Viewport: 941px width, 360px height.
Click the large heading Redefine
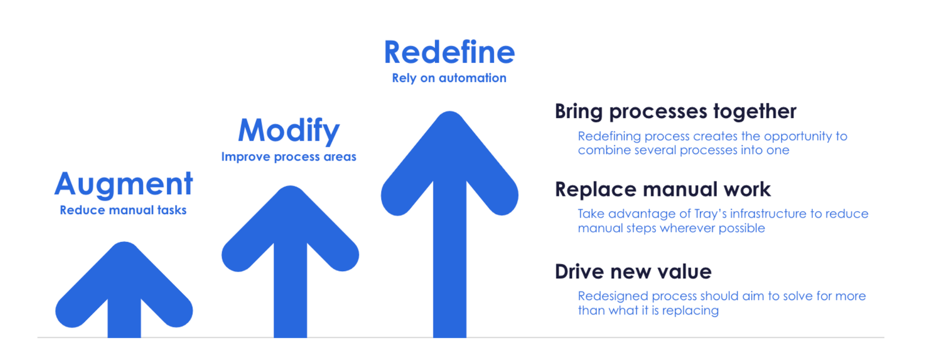pos(449,52)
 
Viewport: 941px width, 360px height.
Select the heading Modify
pos(289,131)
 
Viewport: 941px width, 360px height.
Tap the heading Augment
pos(124,184)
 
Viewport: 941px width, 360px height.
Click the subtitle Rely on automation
pos(449,78)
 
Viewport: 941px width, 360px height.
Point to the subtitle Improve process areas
pos(289,157)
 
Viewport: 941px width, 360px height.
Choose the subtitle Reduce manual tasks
pos(124,211)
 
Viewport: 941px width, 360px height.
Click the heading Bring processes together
pos(675,111)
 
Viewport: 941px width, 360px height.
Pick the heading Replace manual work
pos(662,189)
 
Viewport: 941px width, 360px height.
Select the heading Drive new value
pos(633,272)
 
